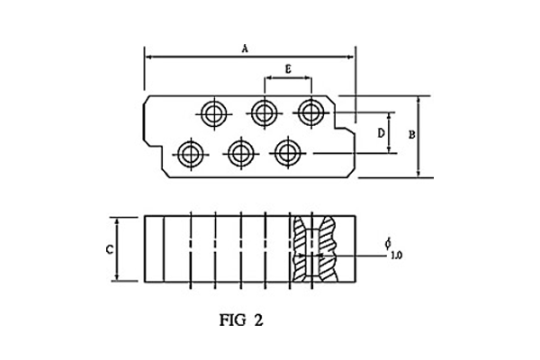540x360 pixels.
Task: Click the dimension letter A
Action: point(245,49)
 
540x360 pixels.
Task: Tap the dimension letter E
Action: point(288,69)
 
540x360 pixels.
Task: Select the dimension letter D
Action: point(381,133)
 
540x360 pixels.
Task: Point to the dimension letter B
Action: point(412,135)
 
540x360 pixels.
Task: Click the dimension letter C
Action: point(110,249)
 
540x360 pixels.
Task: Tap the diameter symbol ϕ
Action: point(388,243)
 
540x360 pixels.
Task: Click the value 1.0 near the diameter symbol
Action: point(397,256)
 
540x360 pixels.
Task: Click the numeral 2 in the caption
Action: point(258,320)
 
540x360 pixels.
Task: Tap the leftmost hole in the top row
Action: point(214,113)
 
